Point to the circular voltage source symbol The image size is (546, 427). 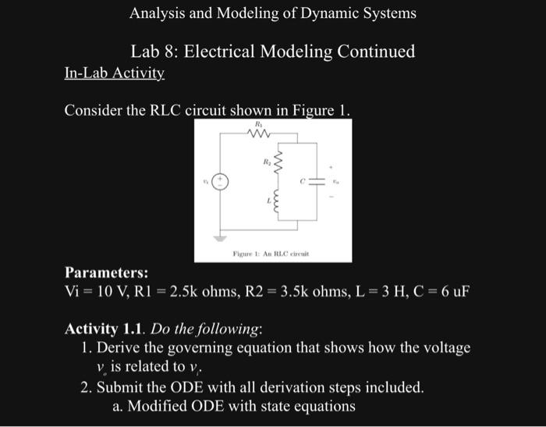221,181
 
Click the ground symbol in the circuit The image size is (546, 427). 221,237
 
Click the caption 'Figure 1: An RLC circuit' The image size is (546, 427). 271,254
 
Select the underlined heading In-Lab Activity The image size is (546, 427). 114,73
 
